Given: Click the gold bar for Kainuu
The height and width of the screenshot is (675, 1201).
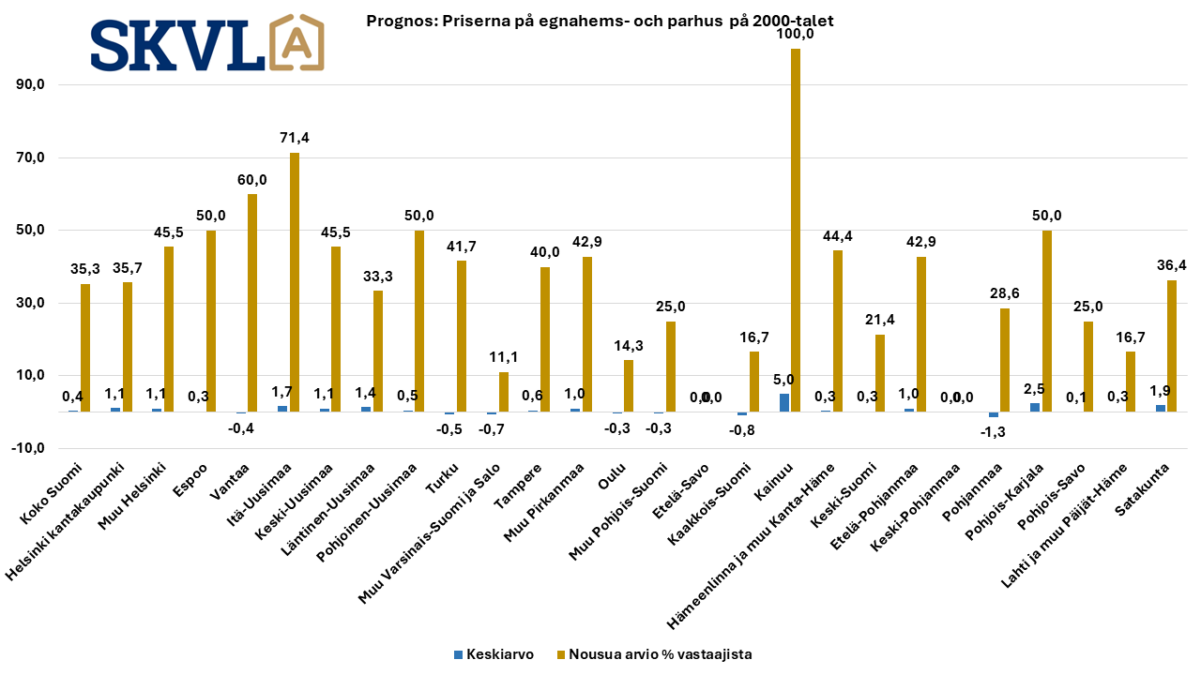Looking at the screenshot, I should (796, 230).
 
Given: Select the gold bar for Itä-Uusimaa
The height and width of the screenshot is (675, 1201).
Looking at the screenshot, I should (295, 281).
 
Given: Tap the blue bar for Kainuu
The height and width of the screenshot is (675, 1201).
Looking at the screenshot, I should (784, 402).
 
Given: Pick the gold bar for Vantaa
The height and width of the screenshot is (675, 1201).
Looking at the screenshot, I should (252, 302).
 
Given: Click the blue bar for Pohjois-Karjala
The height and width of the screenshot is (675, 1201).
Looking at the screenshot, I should (1035, 407).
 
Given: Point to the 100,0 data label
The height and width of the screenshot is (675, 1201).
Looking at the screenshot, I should (796, 34).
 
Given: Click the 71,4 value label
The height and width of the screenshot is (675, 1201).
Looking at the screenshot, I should (295, 138).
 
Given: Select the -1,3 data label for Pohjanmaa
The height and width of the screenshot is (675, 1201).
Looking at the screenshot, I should (994, 430).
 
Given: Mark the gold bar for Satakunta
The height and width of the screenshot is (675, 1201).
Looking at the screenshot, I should (1172, 345).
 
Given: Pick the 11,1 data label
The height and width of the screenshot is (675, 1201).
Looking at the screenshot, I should (504, 357).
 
